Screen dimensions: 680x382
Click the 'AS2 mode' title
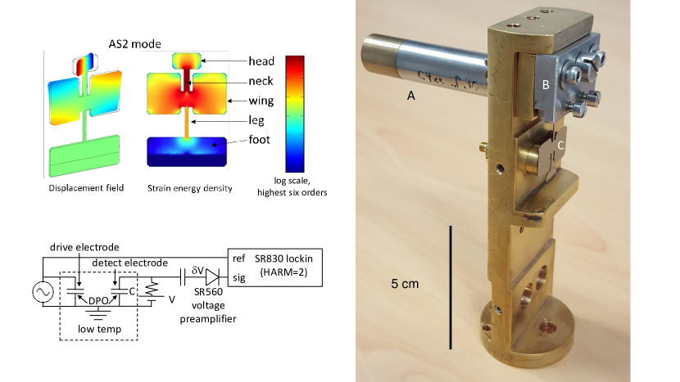tap(134, 43)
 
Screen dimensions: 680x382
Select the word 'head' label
tap(261, 61)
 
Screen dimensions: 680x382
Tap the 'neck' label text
tap(261, 81)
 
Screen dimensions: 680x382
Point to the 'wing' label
tap(261, 101)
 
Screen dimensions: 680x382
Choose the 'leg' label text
tap(256, 120)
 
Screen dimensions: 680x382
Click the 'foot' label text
tap(259, 139)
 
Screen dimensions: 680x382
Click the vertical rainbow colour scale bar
tap(295, 114)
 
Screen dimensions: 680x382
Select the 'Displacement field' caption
tap(86, 188)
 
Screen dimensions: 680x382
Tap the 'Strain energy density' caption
tap(190, 188)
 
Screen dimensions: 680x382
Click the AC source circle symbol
tap(43, 292)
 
